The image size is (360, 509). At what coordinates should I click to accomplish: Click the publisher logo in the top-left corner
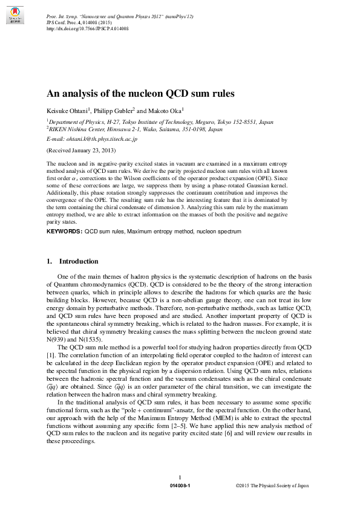point(16,19)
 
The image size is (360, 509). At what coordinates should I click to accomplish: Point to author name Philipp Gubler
point(113,111)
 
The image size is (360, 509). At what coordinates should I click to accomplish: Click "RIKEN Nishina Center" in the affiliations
point(76,129)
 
